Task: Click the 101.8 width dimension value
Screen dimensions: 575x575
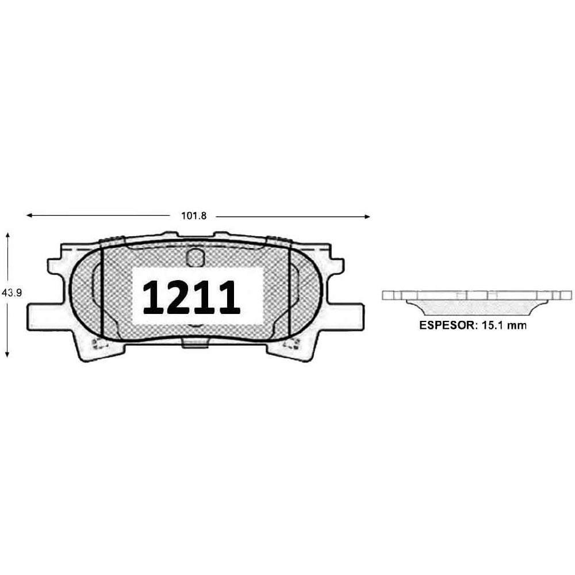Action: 194,216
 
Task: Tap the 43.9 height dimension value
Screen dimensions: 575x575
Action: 11,293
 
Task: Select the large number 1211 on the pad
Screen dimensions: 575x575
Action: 191,297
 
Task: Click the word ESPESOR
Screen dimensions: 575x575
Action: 446,325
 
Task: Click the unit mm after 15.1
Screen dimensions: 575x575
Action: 516,325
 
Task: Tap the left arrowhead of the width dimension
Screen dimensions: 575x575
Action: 29,215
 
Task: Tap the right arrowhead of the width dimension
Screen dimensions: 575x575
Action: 367,217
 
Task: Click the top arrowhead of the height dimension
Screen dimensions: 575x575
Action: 7,235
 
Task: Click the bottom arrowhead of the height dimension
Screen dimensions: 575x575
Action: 7,354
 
